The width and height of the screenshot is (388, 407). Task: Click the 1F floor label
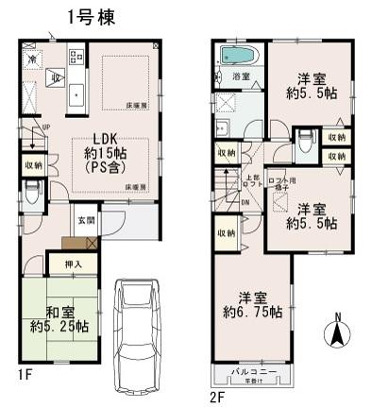[x=25, y=375]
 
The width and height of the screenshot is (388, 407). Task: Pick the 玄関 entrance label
[x=85, y=220]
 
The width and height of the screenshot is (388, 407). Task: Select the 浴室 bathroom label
[x=241, y=76]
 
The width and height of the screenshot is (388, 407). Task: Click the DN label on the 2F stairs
[x=245, y=201]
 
